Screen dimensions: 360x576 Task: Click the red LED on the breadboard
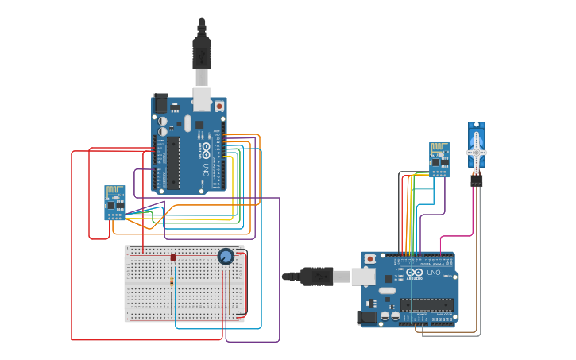172,257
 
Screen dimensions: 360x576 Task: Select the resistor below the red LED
173,283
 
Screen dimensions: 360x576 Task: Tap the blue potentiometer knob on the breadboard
226,256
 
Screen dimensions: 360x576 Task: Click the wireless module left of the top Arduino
114,202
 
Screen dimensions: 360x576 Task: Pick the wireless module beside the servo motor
439,159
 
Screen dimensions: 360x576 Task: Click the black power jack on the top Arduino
161,103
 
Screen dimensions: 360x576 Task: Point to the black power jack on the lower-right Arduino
368,315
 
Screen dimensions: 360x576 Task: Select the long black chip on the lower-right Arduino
427,304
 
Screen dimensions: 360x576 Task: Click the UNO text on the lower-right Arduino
434,273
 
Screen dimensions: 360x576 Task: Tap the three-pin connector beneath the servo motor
476,180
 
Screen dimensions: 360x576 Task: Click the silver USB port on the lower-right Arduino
364,277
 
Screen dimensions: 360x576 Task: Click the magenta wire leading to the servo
457,236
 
